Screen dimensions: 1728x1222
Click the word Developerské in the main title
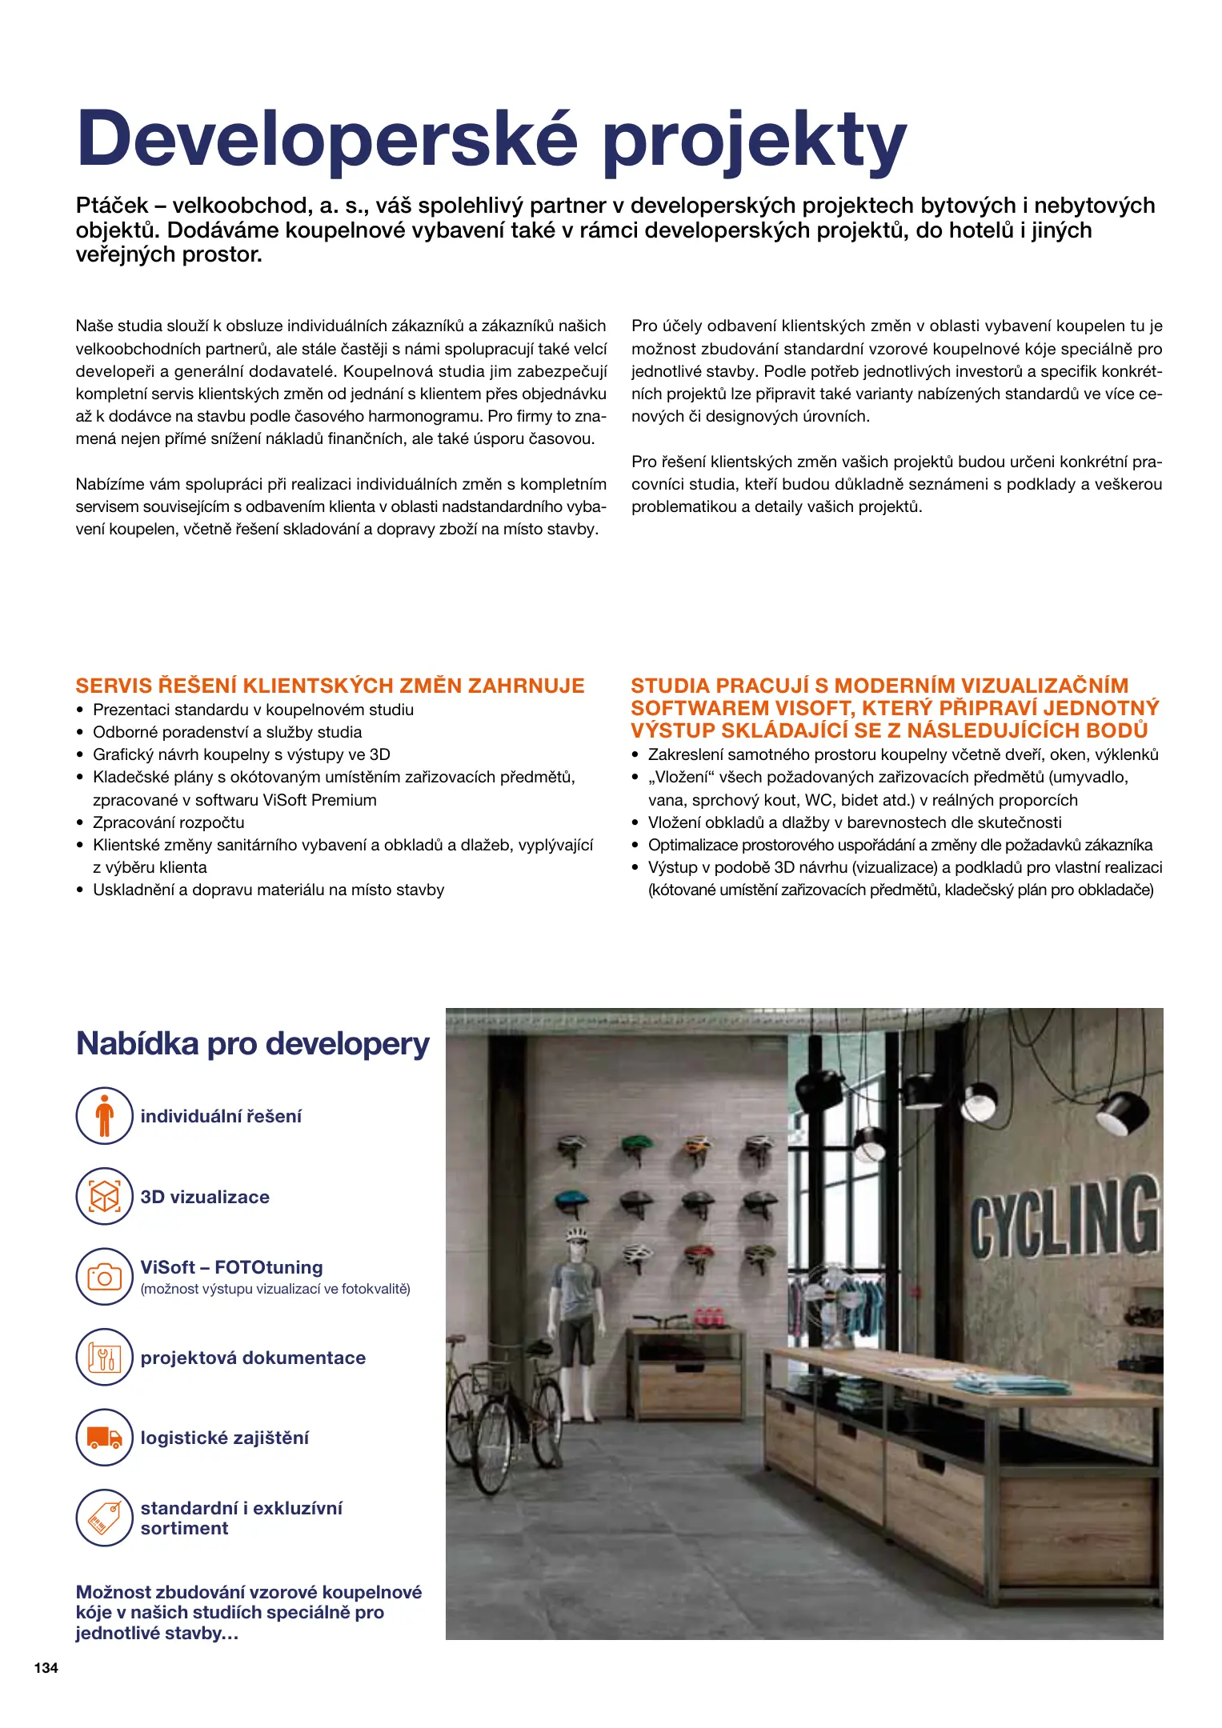click(x=327, y=138)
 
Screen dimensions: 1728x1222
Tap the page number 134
click(x=46, y=1667)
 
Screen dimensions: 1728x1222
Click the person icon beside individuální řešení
click(x=104, y=1115)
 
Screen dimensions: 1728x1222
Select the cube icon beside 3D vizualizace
click(x=104, y=1196)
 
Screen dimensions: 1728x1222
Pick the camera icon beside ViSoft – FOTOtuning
click(x=104, y=1277)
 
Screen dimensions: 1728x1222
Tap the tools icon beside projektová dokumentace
click(x=104, y=1357)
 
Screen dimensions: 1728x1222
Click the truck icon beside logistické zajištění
click(x=104, y=1438)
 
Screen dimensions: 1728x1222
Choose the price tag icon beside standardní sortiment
click(x=104, y=1518)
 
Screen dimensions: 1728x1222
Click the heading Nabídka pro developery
click(x=253, y=1044)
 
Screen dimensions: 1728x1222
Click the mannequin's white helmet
click(x=576, y=1236)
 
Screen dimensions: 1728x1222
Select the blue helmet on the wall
click(x=571, y=1200)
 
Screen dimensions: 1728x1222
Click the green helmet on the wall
click(x=638, y=1146)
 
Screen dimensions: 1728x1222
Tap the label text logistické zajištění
click(x=224, y=1438)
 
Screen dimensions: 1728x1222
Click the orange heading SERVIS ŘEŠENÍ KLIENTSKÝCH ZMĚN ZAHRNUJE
click(x=330, y=686)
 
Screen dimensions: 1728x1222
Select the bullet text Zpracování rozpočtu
click(x=168, y=822)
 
